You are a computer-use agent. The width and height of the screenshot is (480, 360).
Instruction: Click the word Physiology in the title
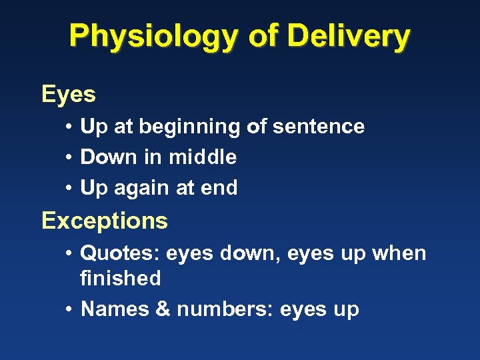click(154, 37)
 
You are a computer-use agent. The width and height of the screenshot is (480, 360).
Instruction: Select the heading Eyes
click(69, 95)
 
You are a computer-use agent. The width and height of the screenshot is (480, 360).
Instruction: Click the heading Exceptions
click(105, 220)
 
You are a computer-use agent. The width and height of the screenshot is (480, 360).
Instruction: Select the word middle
click(203, 157)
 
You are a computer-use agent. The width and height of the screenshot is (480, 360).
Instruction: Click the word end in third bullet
click(219, 189)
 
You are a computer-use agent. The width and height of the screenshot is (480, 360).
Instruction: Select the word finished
click(120, 278)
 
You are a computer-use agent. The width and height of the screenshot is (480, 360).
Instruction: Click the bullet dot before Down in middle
click(69, 158)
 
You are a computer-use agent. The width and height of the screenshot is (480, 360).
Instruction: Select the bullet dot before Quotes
click(69, 254)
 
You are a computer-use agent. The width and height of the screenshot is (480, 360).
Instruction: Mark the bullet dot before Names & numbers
click(69, 310)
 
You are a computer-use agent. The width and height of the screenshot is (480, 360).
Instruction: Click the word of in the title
click(262, 37)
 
